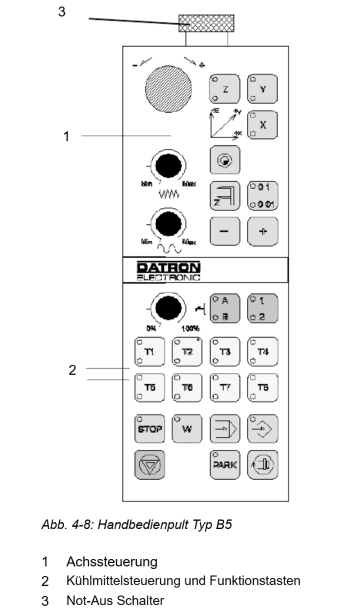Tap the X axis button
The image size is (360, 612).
point(262,124)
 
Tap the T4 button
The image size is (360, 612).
point(263,352)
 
